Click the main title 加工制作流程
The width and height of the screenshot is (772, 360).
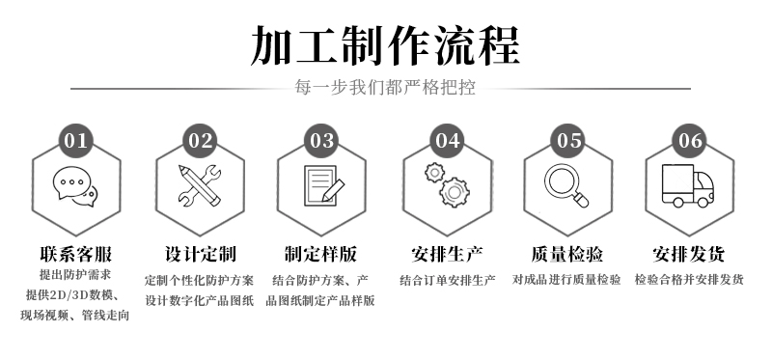click(385, 45)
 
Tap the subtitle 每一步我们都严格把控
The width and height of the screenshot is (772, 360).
click(385, 87)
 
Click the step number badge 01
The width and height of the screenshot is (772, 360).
click(76, 141)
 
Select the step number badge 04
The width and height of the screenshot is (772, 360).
click(447, 141)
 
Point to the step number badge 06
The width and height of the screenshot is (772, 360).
click(689, 141)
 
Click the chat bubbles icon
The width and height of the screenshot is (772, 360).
click(75, 186)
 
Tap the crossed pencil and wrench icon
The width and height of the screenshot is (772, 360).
click(200, 185)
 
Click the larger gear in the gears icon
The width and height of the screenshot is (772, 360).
click(454, 192)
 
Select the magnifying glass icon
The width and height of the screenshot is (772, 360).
click(566, 185)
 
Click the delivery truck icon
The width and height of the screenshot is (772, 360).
click(688, 185)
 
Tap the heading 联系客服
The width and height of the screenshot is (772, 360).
click(76, 254)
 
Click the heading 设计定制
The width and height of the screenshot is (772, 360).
click(201, 254)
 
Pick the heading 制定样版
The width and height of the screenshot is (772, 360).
click(320, 254)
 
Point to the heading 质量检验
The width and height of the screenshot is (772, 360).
click(566, 254)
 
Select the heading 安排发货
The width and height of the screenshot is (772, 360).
click(688, 254)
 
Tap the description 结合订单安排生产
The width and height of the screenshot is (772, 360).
click(447, 280)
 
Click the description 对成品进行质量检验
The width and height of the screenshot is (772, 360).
click(566, 280)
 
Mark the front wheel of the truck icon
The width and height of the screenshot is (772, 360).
click(703, 202)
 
